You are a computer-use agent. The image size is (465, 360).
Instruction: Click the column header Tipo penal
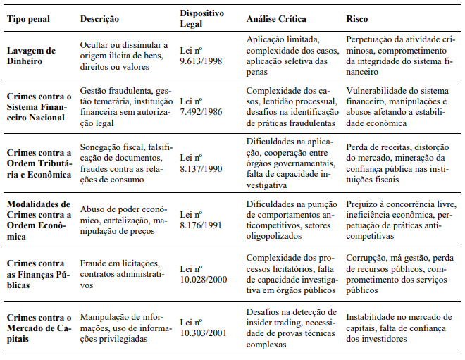[30, 19]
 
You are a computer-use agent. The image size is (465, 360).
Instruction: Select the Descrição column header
[100, 19]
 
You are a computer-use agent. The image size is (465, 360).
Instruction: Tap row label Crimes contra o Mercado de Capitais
[39, 325]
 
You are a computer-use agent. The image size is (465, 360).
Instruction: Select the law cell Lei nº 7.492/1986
[202, 107]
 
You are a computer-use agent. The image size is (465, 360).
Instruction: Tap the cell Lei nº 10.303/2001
[205, 325]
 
